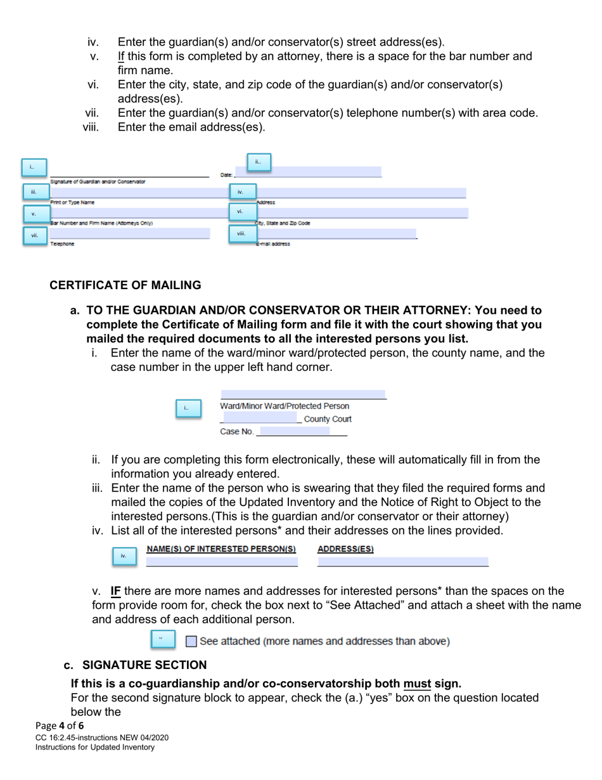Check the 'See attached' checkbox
coord(191,641)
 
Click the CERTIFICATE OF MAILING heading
coord(125,285)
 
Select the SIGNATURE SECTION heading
coord(144,665)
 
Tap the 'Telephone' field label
coord(62,244)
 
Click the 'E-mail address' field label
coord(273,244)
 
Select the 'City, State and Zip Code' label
coord(283,223)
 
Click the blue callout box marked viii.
coord(241,234)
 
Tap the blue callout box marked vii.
coord(34,236)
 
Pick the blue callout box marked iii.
coord(34,192)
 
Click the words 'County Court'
coord(328,419)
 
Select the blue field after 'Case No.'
coord(295,431)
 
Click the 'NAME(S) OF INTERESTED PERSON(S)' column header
coord(222,549)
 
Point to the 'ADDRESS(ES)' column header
coord(345,549)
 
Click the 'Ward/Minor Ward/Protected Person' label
coord(285,406)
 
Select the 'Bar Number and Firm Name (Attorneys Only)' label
coord(101,223)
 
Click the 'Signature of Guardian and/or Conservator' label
coord(98,181)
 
